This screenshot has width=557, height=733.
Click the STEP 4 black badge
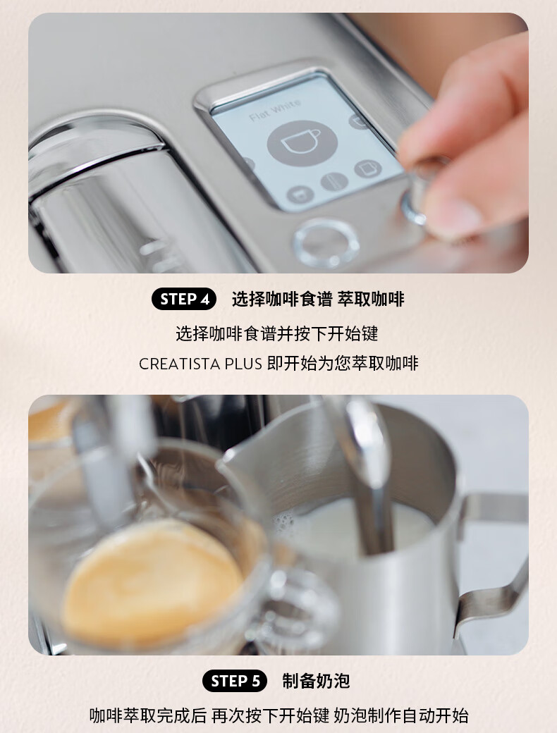(x=184, y=299)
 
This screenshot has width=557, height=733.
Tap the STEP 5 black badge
(x=235, y=681)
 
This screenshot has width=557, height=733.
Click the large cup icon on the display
(x=302, y=142)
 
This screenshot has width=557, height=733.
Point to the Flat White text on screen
(x=275, y=111)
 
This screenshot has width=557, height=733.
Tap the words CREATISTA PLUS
(x=200, y=364)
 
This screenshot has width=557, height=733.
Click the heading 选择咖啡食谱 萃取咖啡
(x=318, y=299)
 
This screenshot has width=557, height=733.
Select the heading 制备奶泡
(x=316, y=681)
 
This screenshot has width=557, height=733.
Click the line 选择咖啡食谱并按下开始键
(x=277, y=334)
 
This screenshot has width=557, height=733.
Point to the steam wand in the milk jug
(x=370, y=472)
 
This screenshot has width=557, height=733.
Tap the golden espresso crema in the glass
(x=152, y=584)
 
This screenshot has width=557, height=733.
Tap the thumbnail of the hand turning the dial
(x=278, y=143)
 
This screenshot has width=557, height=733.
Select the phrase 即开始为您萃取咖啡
(x=343, y=364)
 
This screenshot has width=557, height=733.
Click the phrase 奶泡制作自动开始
(x=400, y=716)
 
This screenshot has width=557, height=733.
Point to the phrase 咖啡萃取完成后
(x=148, y=716)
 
